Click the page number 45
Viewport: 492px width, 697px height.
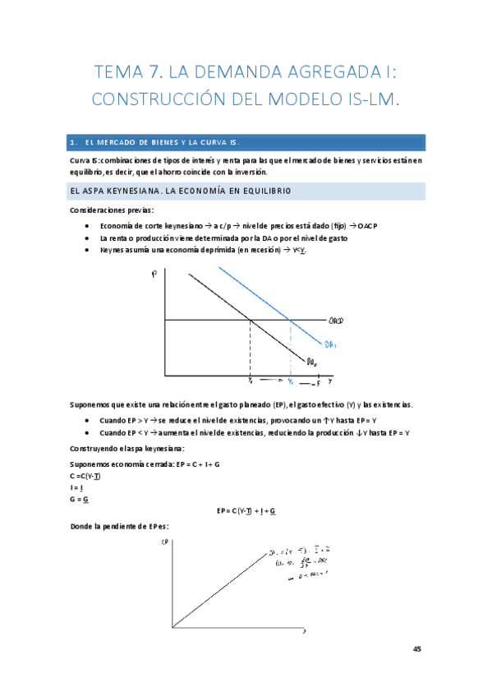click(417, 649)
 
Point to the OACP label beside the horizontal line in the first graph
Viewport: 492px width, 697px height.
click(335, 320)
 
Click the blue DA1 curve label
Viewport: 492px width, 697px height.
click(329, 345)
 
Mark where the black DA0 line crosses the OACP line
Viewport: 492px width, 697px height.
click(250, 320)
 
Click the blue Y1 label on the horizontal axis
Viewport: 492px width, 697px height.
click(289, 381)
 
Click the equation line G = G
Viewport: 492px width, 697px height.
click(80, 499)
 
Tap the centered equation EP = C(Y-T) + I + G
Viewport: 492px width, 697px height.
click(246, 510)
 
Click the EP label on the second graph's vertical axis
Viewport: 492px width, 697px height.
click(166, 542)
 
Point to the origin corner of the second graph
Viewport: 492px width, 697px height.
click(172, 629)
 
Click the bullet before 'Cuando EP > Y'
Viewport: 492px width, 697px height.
click(88, 420)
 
